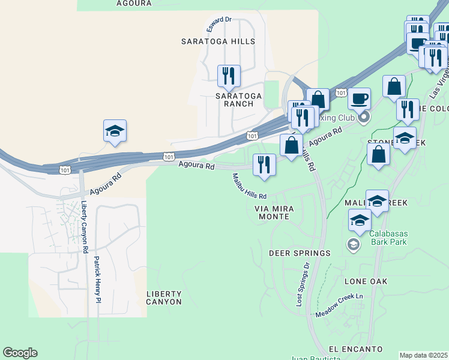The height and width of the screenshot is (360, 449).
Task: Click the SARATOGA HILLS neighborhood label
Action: click(218, 42)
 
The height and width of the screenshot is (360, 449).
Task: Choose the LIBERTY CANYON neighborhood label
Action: click(164, 298)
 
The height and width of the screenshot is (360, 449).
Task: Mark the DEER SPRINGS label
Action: click(300, 253)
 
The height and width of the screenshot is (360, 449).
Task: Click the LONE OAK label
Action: click(366, 281)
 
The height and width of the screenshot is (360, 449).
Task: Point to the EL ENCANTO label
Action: click(355, 349)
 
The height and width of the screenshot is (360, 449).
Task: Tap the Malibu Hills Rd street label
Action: click(249, 187)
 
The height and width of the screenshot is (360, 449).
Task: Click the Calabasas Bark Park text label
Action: click(388, 238)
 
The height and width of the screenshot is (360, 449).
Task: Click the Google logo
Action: click(20, 353)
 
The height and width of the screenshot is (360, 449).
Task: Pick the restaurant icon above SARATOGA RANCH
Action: click(229, 76)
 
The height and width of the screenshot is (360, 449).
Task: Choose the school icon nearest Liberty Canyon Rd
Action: click(115, 131)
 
